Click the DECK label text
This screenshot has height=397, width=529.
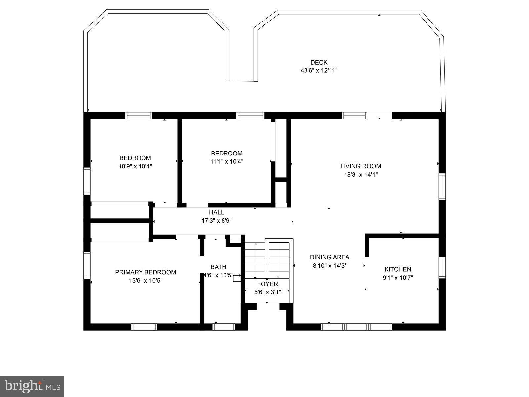(319, 62)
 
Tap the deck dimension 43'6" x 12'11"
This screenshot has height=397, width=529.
(319, 70)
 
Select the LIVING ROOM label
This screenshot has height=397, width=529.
(360, 166)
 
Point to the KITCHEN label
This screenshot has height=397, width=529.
(398, 269)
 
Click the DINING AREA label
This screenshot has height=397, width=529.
(329, 257)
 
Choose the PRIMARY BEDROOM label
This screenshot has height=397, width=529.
(145, 272)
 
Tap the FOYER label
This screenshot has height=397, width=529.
(267, 284)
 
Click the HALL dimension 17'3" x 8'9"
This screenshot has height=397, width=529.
(217, 221)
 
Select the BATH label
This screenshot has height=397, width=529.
(218, 267)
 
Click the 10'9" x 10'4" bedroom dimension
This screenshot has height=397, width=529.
(135, 166)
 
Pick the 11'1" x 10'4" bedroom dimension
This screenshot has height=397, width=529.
(227, 162)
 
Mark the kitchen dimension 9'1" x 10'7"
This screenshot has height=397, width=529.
(398, 278)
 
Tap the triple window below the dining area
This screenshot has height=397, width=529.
(356, 327)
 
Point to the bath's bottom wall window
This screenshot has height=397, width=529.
(224, 327)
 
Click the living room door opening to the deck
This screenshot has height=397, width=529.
(379, 116)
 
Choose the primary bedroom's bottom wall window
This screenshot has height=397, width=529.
(144, 327)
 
